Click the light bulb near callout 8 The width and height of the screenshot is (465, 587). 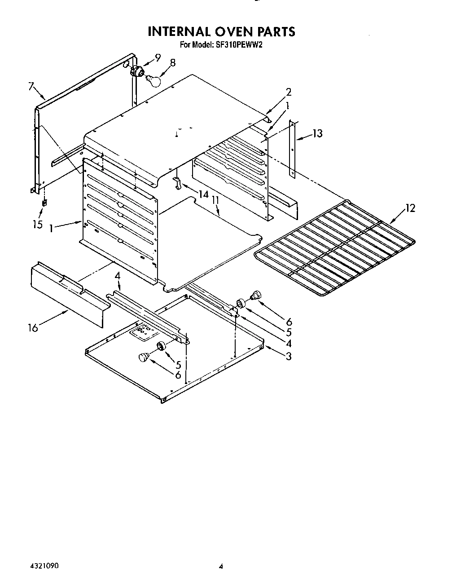[x=154, y=80]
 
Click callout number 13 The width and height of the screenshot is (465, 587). [x=317, y=133]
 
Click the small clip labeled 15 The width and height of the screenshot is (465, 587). [x=44, y=203]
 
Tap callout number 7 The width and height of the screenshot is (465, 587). [x=31, y=86]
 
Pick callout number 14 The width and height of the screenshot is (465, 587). [x=204, y=194]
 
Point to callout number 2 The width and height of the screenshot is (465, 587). [x=288, y=92]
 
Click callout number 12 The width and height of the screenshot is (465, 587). [x=410, y=208]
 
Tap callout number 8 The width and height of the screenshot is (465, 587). [x=172, y=63]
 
